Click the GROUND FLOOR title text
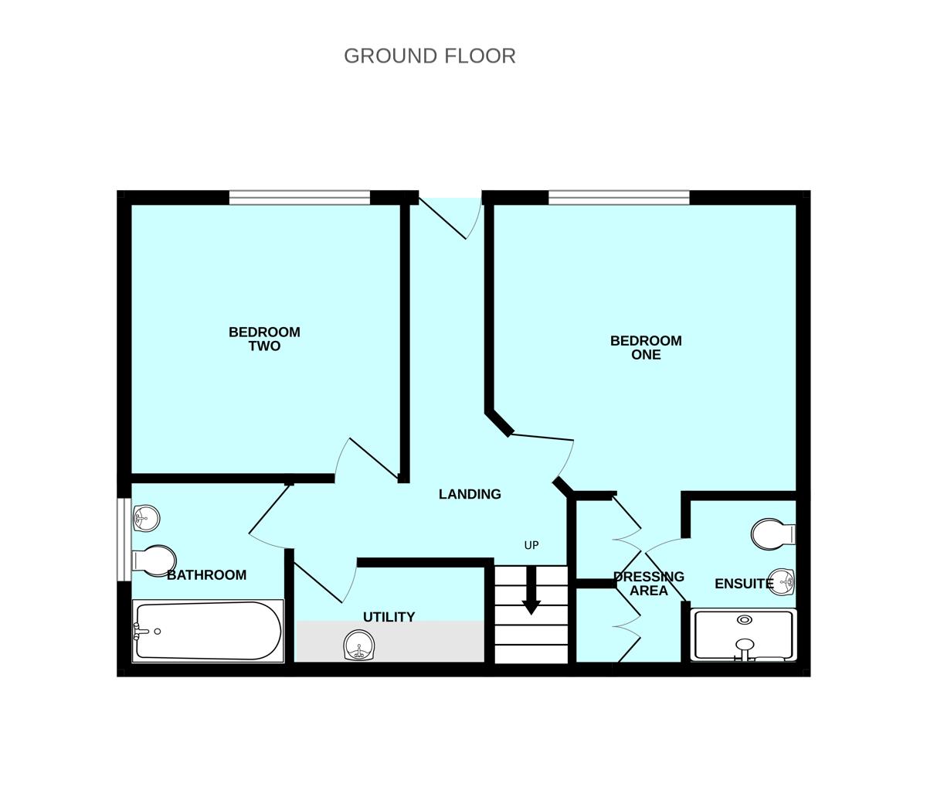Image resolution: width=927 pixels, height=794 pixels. coord(430,56)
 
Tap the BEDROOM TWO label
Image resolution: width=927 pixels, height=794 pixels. coord(264,339)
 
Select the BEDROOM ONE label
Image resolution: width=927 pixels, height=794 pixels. coord(646,348)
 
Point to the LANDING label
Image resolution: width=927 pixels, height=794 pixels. coord(470,495)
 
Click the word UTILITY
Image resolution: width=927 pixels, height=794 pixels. coord(389,617)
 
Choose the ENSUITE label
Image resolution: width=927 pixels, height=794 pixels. coord(744,584)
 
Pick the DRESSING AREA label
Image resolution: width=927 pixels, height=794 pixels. coord(648,584)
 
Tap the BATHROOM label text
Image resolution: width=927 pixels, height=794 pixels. coord(206,575)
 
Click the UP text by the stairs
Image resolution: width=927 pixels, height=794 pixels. coord(531,546)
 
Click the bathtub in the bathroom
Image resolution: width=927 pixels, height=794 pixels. coord(207,631)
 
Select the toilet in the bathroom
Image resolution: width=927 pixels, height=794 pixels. coord(156,560)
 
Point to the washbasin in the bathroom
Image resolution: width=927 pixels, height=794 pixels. coord(146,518)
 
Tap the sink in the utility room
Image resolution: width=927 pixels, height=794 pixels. coord(358,646)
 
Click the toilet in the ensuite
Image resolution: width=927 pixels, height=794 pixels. coord(772,534)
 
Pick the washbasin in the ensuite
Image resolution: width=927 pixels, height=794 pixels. coord(783,582)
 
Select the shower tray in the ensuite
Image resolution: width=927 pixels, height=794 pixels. coord(743,636)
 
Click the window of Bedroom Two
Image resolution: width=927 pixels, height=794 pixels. coord(299,198)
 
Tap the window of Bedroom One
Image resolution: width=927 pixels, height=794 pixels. coord(618,198)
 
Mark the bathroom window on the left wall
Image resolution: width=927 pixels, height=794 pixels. coord(124,539)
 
